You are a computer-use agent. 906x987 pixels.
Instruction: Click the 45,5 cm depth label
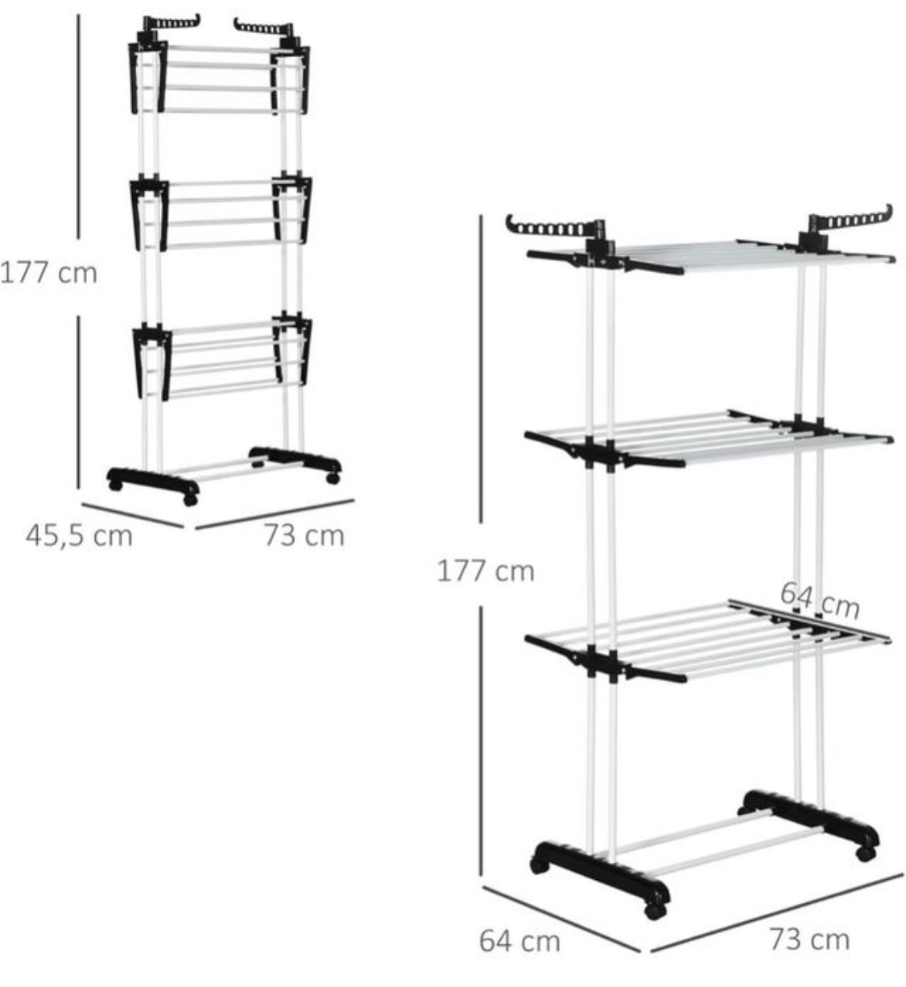(x=79, y=536)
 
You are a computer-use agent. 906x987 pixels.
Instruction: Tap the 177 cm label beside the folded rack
(x=49, y=273)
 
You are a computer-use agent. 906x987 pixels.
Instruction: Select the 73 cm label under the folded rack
(x=304, y=535)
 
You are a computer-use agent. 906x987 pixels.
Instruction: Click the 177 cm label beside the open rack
(x=486, y=572)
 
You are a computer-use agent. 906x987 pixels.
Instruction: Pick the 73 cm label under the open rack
(x=810, y=940)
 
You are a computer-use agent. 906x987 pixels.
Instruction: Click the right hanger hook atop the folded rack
(x=263, y=27)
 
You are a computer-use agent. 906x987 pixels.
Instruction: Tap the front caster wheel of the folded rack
(x=190, y=500)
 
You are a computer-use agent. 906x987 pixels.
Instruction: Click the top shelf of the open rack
(x=710, y=256)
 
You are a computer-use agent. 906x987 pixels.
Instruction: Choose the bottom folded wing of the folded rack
(x=222, y=357)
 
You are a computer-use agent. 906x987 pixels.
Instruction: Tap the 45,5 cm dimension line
(x=132, y=515)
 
